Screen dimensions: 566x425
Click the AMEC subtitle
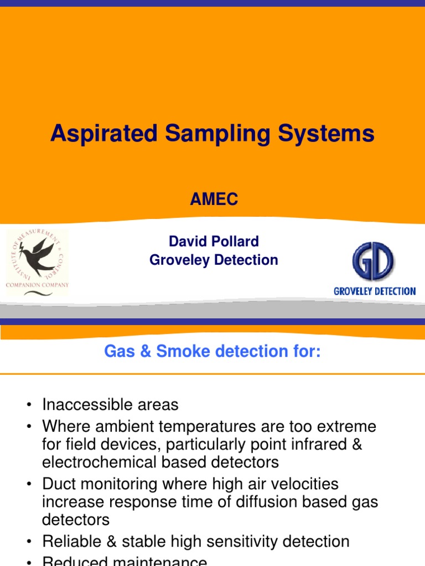pos(214,200)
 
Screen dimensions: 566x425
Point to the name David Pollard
pos(214,242)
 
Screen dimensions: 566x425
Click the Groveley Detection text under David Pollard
pos(214,260)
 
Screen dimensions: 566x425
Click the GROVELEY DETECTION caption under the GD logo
pos(375,291)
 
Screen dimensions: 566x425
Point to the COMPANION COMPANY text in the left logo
pos(37,285)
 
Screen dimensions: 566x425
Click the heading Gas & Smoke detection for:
pos(212,352)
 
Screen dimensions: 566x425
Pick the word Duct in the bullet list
pos(59,484)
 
